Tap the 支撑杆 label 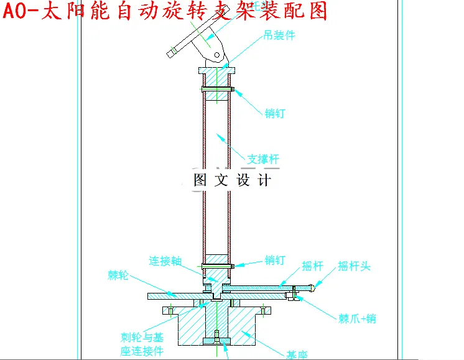[263, 159]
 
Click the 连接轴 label [165, 261]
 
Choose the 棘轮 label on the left [118, 275]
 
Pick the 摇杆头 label [354, 266]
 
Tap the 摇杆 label [313, 266]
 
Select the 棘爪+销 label [357, 319]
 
